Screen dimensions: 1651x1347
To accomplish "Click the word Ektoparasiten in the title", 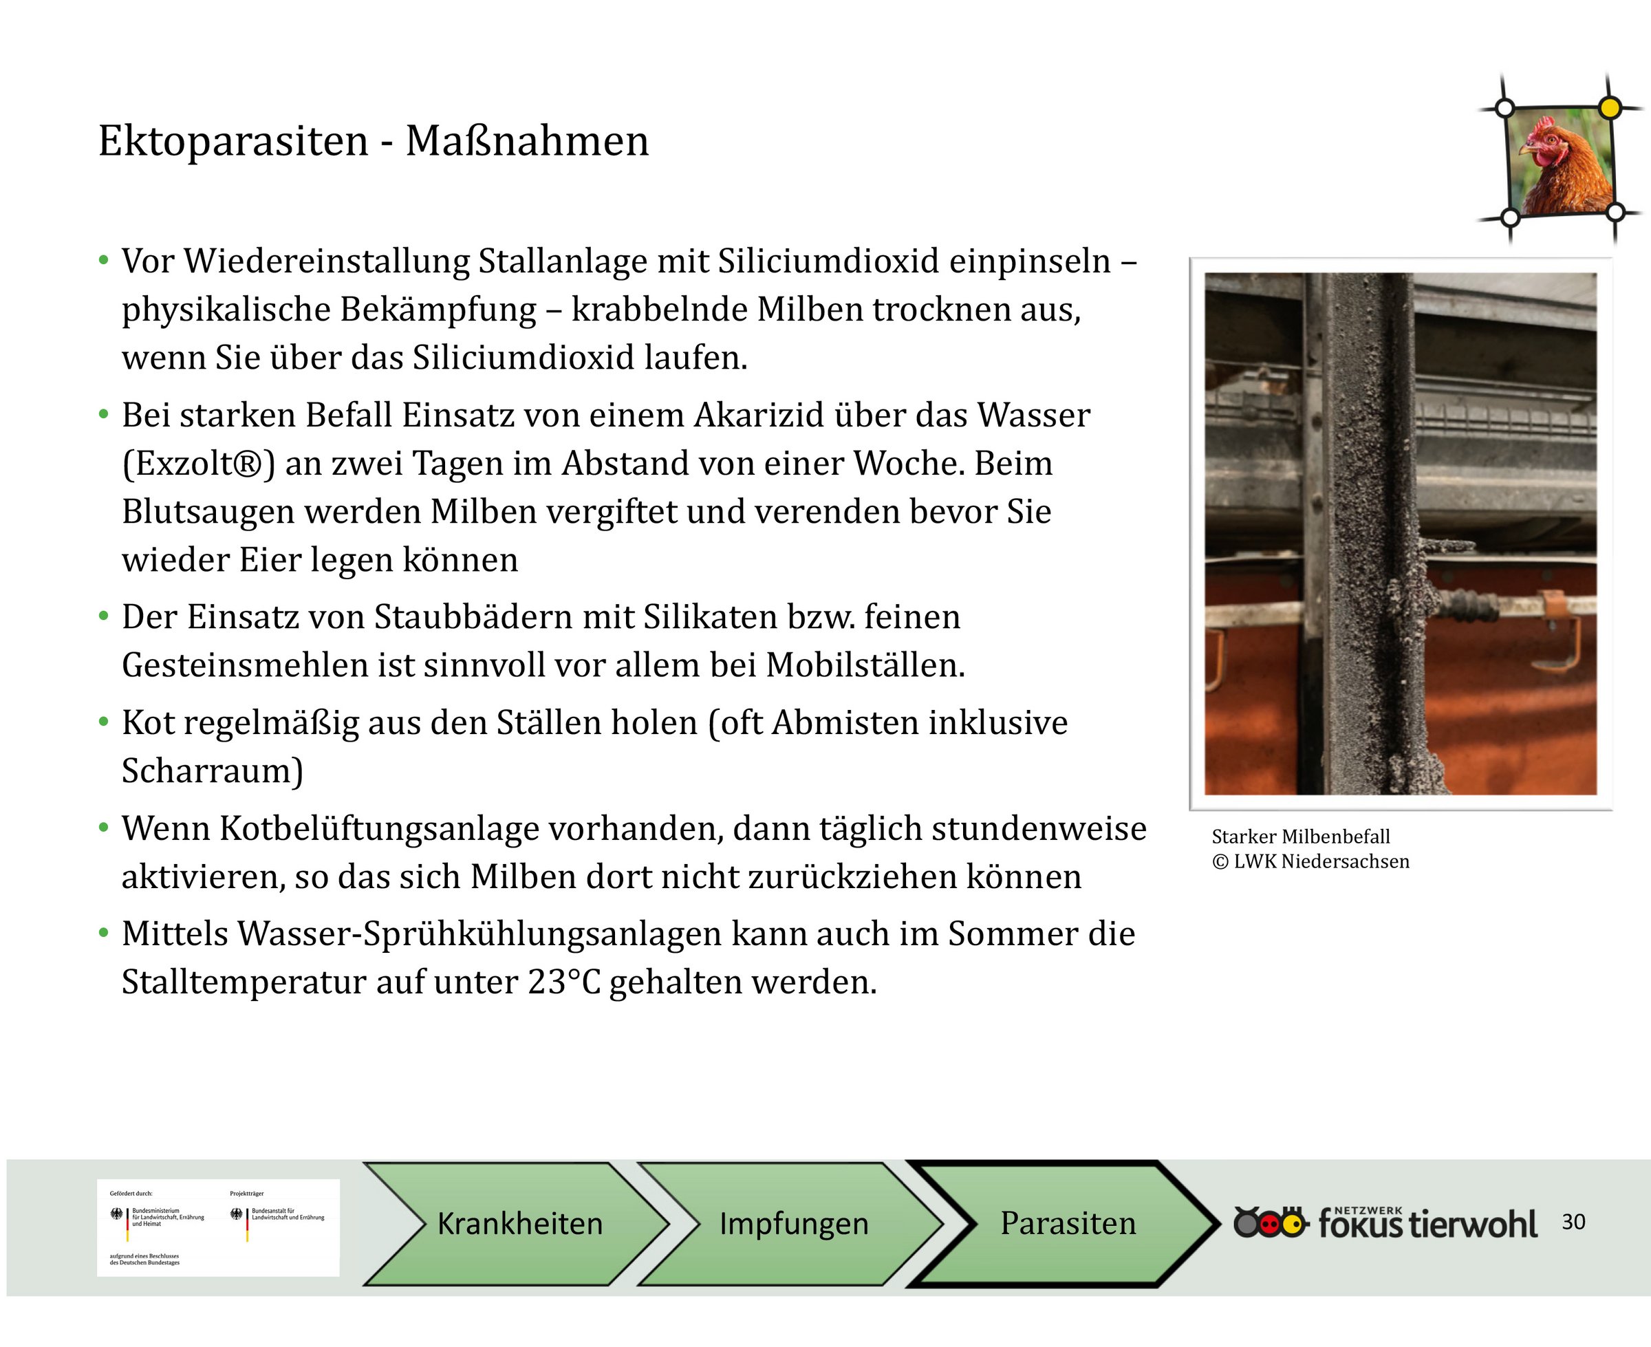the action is coord(233,142).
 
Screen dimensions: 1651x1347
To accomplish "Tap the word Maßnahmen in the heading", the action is coord(527,141).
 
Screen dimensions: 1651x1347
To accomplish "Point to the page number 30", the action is coord(1573,1222).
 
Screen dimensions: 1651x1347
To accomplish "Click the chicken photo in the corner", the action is coord(1559,162).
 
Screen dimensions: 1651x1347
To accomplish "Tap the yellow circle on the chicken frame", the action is coord(1610,108).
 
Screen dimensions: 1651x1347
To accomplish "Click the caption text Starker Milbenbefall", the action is coord(1300,837).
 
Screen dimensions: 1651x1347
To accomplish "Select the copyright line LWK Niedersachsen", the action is coord(1310,862).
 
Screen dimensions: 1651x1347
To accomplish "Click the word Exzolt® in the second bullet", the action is coord(199,464).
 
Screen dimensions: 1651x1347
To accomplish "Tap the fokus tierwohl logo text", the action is coord(1427,1224).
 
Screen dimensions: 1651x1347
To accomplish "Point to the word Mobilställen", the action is coord(866,666).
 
